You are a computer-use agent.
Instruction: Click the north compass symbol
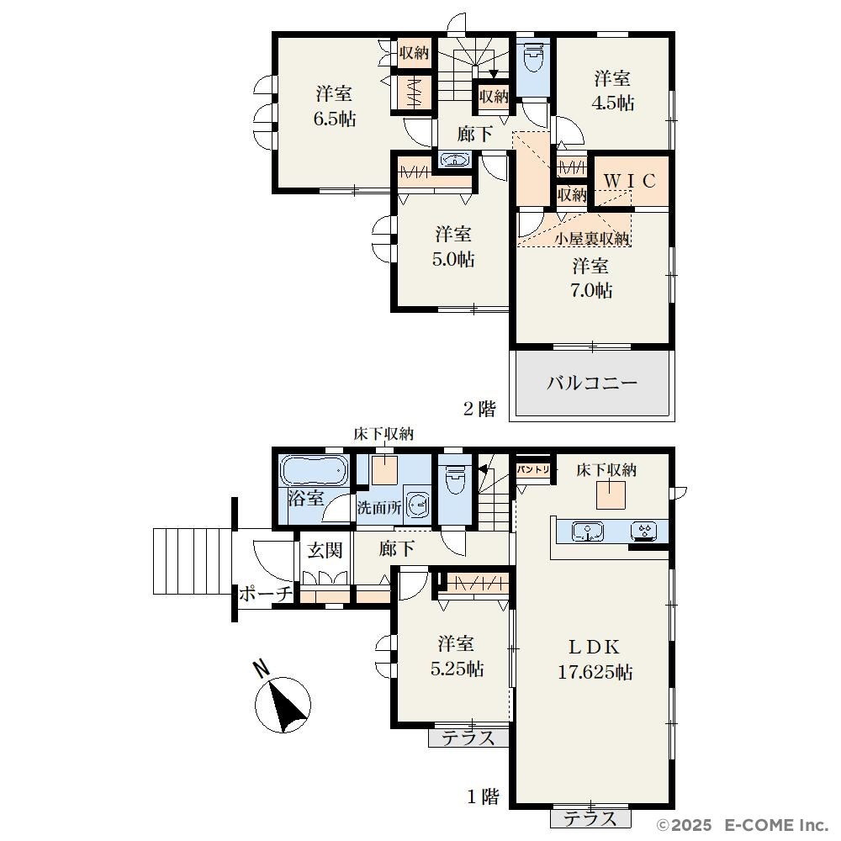click(x=283, y=702)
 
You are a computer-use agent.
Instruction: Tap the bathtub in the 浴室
click(x=315, y=471)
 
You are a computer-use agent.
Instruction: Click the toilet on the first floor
click(x=455, y=479)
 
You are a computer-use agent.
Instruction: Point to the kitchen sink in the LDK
click(x=587, y=531)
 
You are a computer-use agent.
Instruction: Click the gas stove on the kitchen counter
click(x=644, y=531)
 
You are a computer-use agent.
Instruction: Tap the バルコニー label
click(x=592, y=383)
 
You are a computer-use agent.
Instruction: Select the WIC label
click(x=630, y=182)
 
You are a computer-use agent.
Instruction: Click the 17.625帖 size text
click(x=595, y=672)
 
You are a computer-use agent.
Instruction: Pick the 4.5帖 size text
click(x=612, y=103)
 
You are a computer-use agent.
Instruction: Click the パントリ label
click(x=533, y=470)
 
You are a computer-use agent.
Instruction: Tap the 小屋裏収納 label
click(x=591, y=239)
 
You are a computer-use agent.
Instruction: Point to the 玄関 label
click(x=325, y=550)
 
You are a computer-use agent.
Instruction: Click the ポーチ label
click(x=266, y=593)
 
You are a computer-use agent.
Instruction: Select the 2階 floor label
click(x=479, y=409)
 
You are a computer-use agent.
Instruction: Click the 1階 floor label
click(x=483, y=796)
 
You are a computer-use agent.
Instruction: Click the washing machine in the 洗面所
click(x=418, y=504)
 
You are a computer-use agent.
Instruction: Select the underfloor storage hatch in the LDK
click(x=611, y=495)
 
